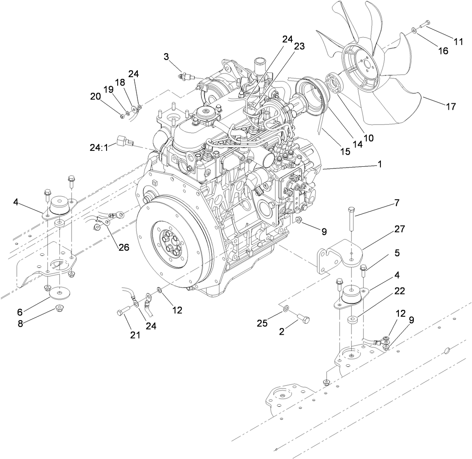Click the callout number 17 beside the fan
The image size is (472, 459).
(x=451, y=106)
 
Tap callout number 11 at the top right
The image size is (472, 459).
(x=458, y=42)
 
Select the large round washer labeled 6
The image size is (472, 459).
(x=61, y=294)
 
